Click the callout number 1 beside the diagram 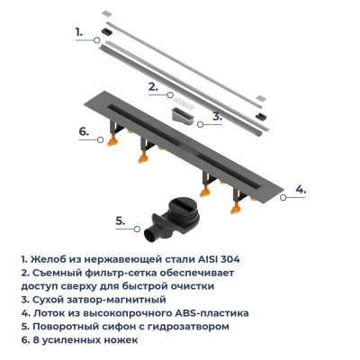(x=79, y=31)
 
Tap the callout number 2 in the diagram (x=153, y=86)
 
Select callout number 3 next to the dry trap (x=216, y=116)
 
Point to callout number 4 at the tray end (x=301, y=189)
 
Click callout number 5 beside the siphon (x=121, y=218)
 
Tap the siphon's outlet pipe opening (x=148, y=235)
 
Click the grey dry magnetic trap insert (x=185, y=117)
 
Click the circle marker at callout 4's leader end (x=283, y=190)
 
